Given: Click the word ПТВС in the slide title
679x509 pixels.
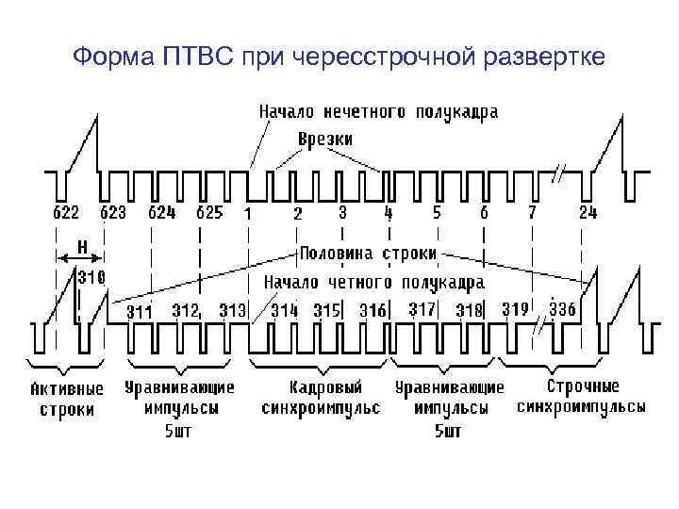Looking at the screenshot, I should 198,59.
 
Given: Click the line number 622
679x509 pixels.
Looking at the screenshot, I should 64,213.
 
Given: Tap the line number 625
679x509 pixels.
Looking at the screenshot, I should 208,213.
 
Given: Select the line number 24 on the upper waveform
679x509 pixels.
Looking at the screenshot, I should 588,213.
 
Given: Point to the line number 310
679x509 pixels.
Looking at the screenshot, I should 91,277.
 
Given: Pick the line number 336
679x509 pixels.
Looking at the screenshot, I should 561,309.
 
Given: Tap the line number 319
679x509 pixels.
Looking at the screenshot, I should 515,309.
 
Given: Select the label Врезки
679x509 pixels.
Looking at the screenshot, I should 325,140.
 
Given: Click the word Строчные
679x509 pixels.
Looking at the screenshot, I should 583,386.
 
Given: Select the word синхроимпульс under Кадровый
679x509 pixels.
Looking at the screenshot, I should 321,408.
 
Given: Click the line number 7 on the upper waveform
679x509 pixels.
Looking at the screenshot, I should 532,213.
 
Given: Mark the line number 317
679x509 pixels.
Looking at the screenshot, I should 422,309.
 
